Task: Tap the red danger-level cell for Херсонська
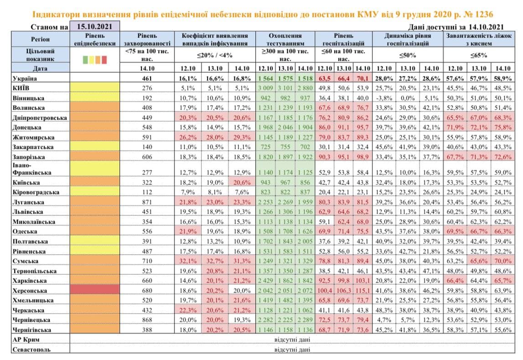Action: point(95,290)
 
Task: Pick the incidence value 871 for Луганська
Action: point(147,202)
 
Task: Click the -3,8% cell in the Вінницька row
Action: point(384,98)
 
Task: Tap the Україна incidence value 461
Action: point(147,78)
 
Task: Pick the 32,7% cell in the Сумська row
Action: point(215,261)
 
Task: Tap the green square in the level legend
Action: point(85,59)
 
